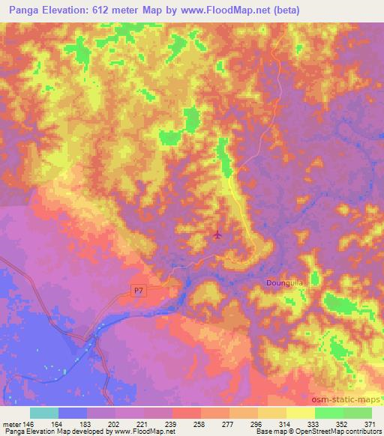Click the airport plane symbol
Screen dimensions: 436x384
[x=218, y=235]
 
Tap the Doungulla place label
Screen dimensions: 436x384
[x=284, y=282]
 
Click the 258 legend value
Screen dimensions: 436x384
[x=201, y=423]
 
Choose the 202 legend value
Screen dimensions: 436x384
[x=115, y=423]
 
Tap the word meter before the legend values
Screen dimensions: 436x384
[x=11, y=423]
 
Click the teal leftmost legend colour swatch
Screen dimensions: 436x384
[x=44, y=412]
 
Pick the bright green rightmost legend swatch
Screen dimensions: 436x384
[x=357, y=412]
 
